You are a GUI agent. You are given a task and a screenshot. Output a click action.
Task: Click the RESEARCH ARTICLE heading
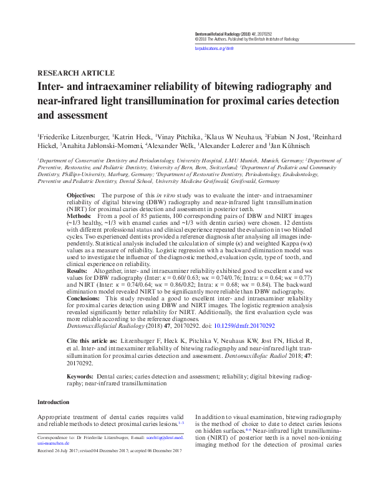76,72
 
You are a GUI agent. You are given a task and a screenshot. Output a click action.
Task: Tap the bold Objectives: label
84,195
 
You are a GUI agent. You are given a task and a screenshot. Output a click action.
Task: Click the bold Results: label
79,272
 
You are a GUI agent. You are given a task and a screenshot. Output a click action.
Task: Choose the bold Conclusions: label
85,299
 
